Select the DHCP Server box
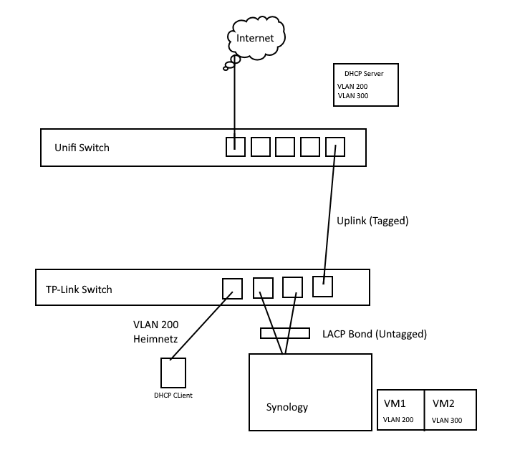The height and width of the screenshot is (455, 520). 365,85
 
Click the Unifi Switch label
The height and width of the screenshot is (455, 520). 82,148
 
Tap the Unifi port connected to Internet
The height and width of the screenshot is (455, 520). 236,146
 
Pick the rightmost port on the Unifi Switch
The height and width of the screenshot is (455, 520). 335,146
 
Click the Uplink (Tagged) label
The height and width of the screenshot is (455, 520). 372,221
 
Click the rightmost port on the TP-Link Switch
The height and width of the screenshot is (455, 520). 322,287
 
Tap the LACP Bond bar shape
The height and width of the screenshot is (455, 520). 284,333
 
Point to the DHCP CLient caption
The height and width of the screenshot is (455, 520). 174,395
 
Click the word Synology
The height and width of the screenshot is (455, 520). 287,407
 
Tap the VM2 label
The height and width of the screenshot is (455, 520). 444,403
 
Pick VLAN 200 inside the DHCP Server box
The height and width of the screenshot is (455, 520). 352,86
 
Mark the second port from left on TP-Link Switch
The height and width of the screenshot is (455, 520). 263,287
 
